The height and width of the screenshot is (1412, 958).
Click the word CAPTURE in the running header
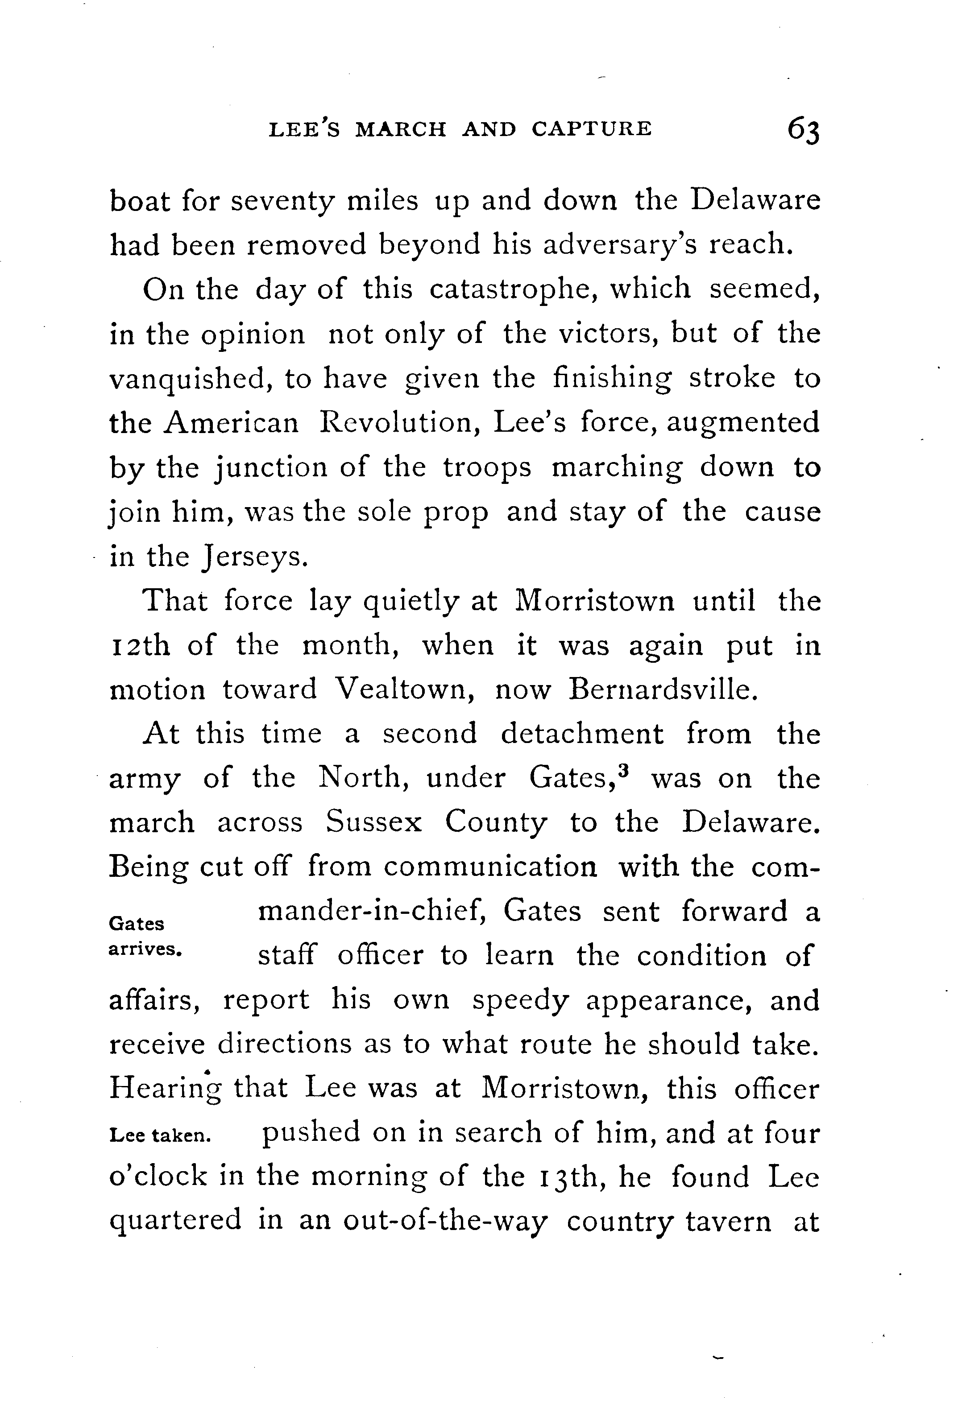[x=592, y=129]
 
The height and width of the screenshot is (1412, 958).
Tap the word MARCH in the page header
[x=401, y=129]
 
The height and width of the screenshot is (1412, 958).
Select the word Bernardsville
[x=663, y=689]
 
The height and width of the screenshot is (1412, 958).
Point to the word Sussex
[x=373, y=823]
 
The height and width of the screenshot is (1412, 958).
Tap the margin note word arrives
[x=145, y=949]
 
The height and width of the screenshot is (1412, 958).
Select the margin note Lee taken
[x=160, y=1136]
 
